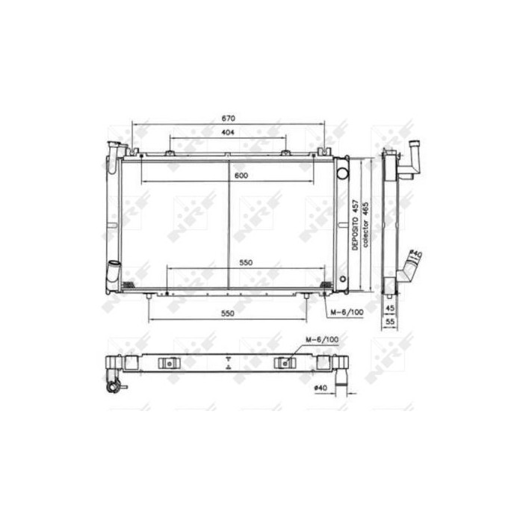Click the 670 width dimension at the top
pos(229,117)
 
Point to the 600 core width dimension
pos(241,176)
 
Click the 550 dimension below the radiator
pos(229,314)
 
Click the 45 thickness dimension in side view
pos(389,307)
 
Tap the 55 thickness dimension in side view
pos(389,322)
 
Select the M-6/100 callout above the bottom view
pos(322,340)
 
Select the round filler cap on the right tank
pos(342,174)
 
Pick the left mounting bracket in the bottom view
pos(170,364)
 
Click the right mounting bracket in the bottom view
pos(286,364)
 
